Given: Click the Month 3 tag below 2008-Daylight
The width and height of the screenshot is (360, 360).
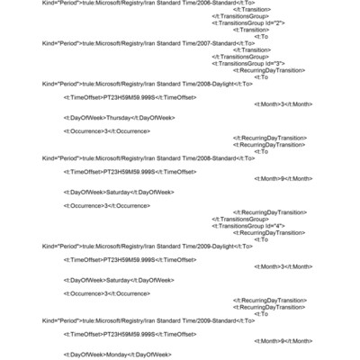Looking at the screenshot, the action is [x=285, y=103].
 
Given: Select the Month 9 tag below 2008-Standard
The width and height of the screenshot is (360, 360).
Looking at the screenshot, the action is [x=285, y=178].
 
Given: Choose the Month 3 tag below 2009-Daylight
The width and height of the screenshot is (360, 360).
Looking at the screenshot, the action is [x=285, y=266].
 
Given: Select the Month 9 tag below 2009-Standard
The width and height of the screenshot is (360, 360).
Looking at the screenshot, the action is [x=285, y=341].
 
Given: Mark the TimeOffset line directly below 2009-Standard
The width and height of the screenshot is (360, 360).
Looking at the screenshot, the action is [x=130, y=334].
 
